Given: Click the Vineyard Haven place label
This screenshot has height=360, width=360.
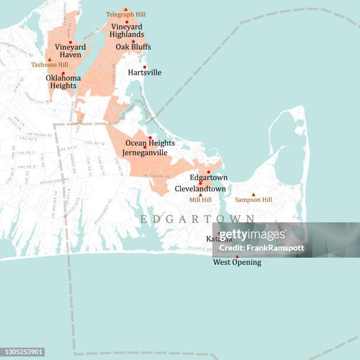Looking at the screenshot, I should pos(70,51).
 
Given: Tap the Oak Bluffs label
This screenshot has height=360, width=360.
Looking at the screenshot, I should pos(133,47).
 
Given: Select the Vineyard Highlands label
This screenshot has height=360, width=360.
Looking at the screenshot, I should pos(126,31).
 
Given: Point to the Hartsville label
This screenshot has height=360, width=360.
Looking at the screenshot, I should pos(145,72).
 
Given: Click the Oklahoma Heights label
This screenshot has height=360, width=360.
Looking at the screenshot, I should pos(63,81).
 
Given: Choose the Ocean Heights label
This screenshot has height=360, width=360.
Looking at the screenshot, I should pos(150,143).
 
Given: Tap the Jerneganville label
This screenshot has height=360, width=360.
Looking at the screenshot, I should pos(145,152).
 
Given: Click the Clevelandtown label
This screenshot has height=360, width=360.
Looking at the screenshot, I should pos(200,189).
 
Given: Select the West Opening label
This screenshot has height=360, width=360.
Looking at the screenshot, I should pos(237,262).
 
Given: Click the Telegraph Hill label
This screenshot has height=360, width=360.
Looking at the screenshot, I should pos(126,14).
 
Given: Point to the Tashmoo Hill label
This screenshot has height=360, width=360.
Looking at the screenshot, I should pos(49,65).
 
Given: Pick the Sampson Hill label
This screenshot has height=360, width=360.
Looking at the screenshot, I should pos(254,200).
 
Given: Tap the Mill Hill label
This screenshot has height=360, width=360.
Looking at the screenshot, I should pos(201,200).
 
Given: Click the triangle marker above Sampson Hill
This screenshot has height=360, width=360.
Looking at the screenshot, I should pos(254,194).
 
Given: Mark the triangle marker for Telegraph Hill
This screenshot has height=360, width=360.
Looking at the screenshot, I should pos(126,9).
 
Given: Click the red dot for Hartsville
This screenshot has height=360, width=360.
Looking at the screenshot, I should pos(145,66).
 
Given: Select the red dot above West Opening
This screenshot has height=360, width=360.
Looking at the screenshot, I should pos(237,256).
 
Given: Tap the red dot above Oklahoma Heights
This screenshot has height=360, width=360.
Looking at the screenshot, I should pos(63,73).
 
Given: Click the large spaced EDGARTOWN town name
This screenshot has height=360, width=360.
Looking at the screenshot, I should pos(197,219).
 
